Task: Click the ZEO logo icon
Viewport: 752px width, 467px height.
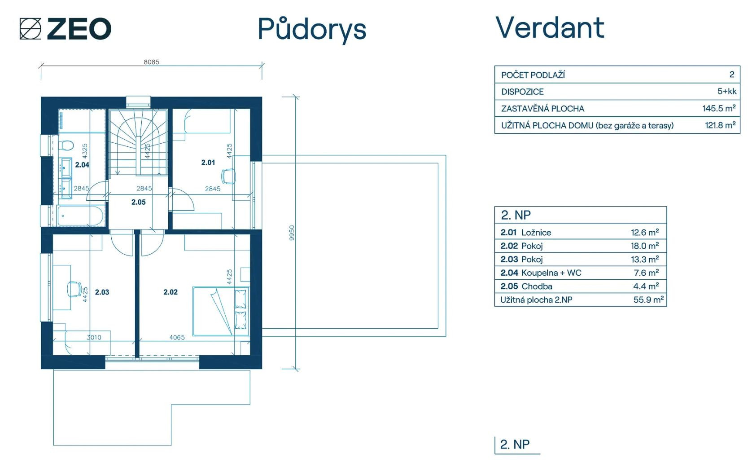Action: [30, 29]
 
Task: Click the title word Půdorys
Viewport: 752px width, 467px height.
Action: [312, 30]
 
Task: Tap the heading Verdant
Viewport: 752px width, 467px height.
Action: [550, 27]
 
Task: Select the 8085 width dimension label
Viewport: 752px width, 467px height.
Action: [151, 62]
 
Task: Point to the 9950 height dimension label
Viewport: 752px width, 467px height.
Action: [292, 233]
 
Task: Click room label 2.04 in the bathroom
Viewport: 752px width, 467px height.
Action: [82, 165]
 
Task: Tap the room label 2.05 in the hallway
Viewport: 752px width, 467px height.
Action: [138, 202]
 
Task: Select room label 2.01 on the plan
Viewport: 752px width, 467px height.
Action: [208, 163]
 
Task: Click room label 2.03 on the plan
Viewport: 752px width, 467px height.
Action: [102, 292]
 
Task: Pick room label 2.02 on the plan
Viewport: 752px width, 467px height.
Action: [171, 292]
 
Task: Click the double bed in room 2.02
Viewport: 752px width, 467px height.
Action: [221, 311]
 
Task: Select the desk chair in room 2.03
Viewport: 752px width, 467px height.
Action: [74, 289]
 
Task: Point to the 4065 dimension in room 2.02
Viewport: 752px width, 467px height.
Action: [177, 337]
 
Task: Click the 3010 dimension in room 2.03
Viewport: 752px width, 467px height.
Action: [94, 337]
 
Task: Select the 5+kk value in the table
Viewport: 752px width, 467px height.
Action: [727, 91]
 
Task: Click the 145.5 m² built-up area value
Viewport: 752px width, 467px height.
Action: [719, 108]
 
